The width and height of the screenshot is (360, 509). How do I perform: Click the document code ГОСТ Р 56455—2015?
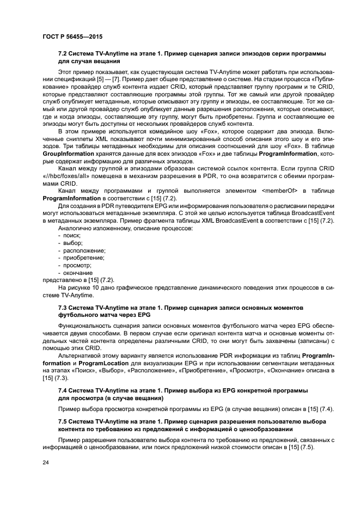72,36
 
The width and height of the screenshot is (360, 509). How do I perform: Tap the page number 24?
45,462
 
